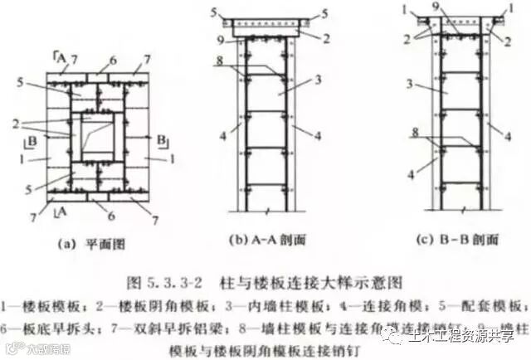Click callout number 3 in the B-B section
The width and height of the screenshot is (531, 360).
pos(407,84)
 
